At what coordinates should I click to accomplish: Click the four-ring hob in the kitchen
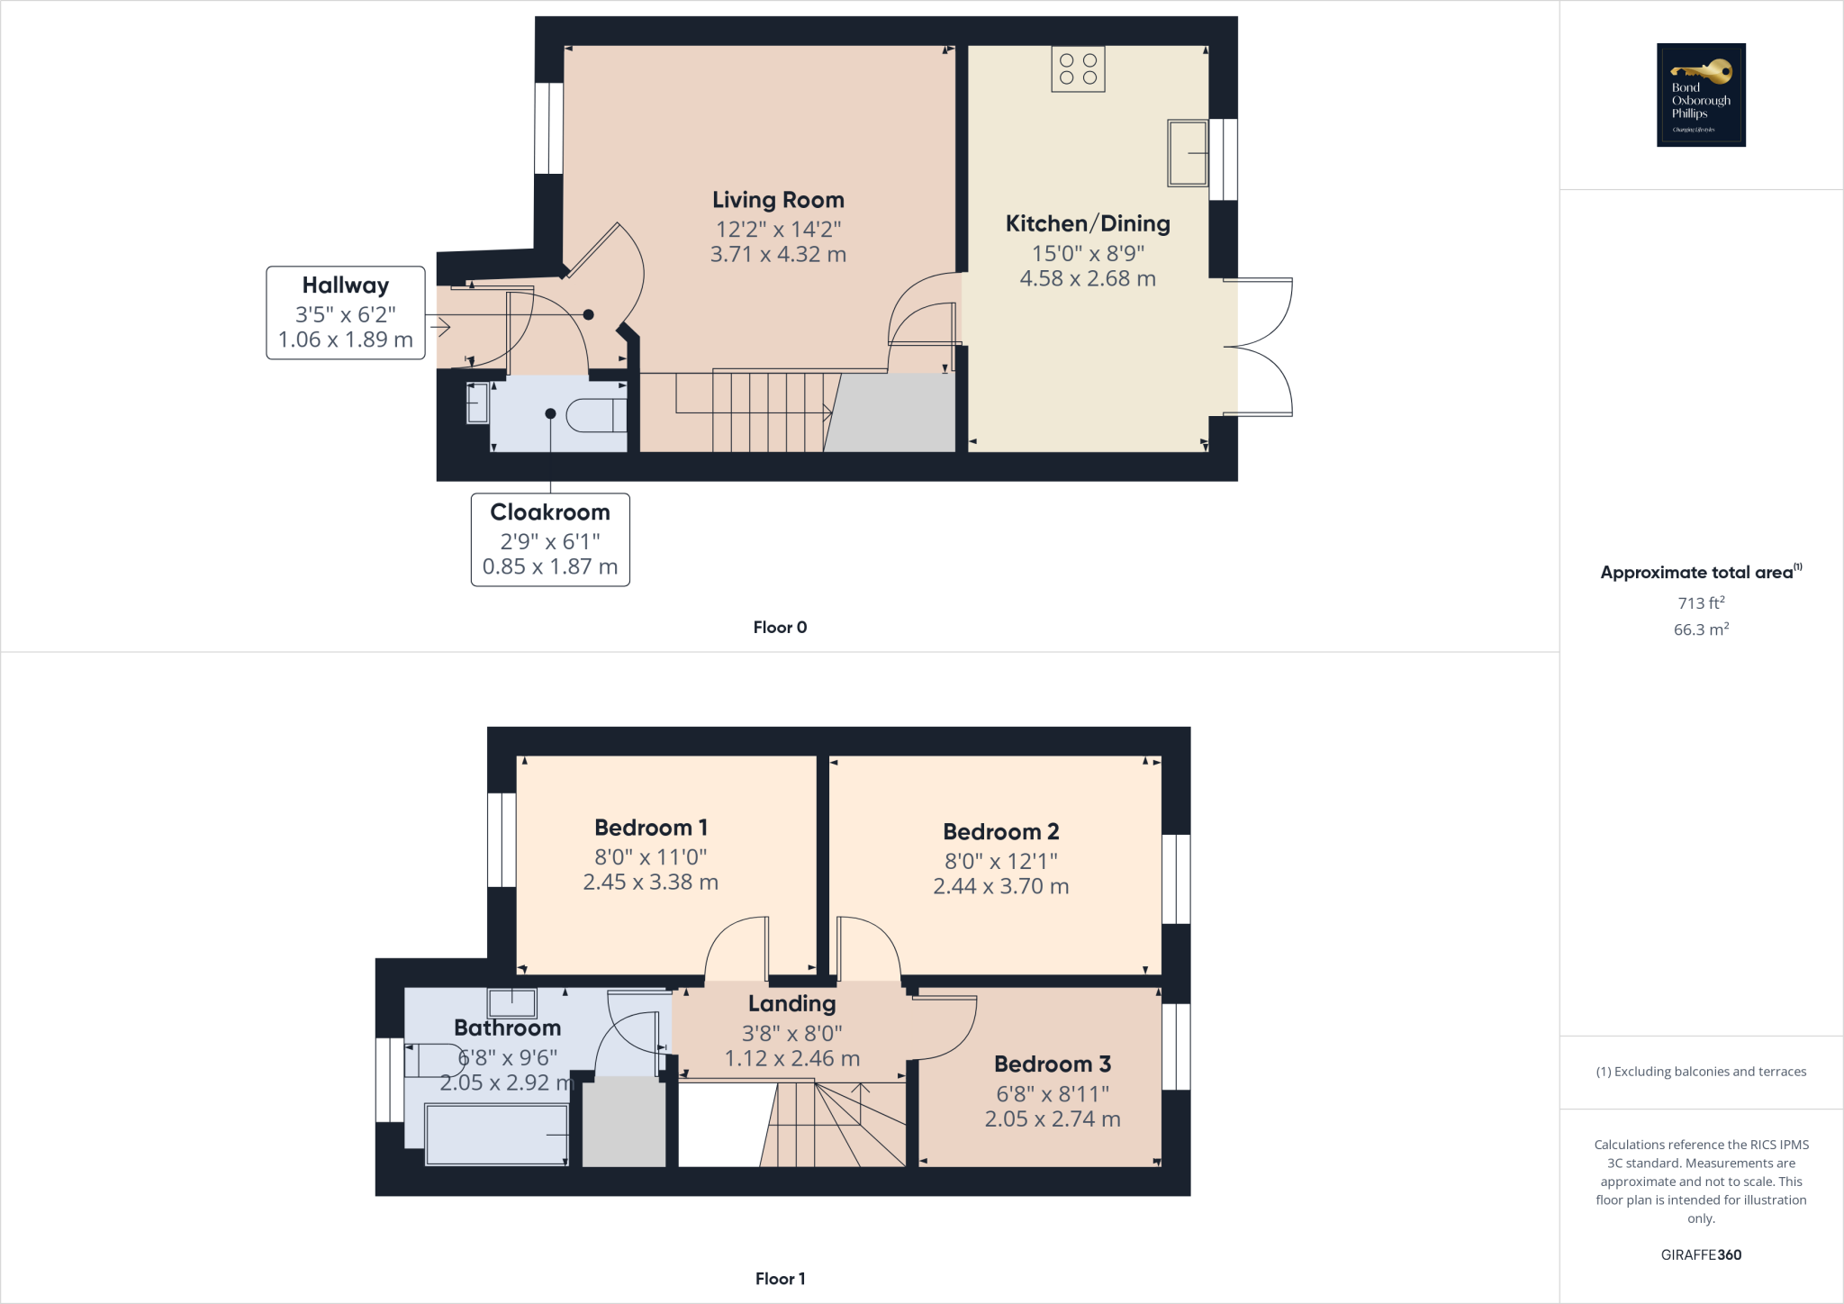[x=1078, y=69]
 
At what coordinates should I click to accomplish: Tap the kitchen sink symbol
[x=1188, y=153]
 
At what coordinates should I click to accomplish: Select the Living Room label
[x=778, y=200]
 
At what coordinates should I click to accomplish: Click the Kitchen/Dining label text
[x=1088, y=223]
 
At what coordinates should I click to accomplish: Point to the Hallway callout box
[x=346, y=312]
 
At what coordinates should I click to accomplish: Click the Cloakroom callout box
[x=550, y=539]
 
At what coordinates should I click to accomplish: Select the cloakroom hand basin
[x=477, y=403]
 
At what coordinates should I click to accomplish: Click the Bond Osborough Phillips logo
[x=1701, y=95]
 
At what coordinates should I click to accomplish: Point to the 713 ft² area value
[x=1701, y=602]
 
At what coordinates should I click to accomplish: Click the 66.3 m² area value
[x=1701, y=629]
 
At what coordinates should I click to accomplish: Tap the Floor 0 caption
[x=780, y=628]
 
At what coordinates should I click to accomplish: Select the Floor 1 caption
[x=780, y=1279]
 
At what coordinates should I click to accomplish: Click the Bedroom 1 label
[x=651, y=828]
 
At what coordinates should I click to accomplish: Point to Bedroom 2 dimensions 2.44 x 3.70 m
[x=1000, y=886]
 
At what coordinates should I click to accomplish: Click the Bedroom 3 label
[x=1053, y=1064]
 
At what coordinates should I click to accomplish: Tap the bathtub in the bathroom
[x=496, y=1135]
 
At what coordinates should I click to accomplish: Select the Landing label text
[x=791, y=1003]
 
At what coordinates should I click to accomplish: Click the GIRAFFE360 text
[x=1701, y=1254]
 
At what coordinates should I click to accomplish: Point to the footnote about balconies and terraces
[x=1701, y=1072]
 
